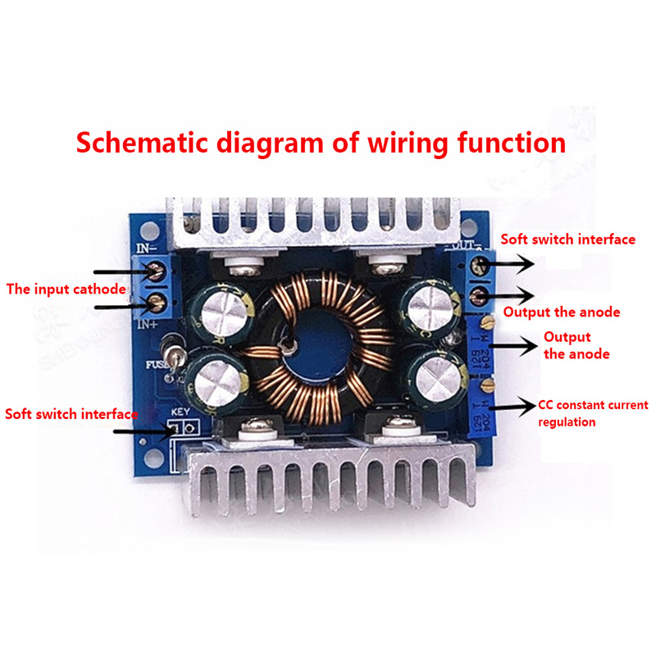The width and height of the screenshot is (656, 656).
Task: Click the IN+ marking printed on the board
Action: (x=148, y=326)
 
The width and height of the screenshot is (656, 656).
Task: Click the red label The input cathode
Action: (x=66, y=289)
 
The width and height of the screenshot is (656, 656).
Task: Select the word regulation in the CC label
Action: (x=567, y=422)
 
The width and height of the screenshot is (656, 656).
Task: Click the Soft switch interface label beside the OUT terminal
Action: (x=568, y=239)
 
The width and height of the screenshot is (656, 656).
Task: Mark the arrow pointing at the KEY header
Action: (x=139, y=430)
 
